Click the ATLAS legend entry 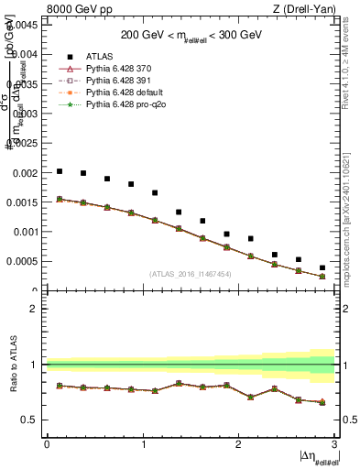pos(98,56)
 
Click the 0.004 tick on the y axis pos(27,54)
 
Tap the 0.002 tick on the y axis pos(27,172)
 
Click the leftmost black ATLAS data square pos(60,171)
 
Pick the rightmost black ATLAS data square pos(322,267)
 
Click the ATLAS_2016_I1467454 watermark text pos(191,274)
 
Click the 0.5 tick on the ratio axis pos(32,420)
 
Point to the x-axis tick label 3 pos(334,444)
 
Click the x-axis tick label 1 pos(143,444)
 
